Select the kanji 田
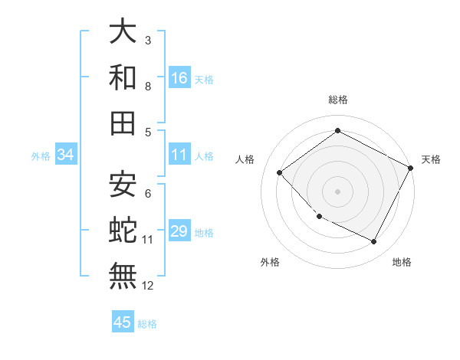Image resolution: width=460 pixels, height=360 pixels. [123, 122]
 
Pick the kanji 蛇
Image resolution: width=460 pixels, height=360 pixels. [123, 229]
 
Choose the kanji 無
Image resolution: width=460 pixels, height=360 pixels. [123, 275]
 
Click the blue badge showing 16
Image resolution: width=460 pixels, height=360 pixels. [179, 78]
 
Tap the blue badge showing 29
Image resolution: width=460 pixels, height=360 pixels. [179, 232]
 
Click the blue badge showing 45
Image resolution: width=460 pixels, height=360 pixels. [123, 322]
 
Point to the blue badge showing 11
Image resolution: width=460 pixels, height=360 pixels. [179, 155]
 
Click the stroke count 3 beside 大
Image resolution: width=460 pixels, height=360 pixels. [148, 40]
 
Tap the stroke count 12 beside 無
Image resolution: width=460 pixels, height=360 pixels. [148, 286]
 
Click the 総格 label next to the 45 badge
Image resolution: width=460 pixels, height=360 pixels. [147, 324]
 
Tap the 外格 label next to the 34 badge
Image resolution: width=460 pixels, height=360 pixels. [41, 156]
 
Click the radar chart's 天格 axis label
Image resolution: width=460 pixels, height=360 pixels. [431, 159]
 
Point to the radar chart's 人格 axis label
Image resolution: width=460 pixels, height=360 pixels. [245, 159]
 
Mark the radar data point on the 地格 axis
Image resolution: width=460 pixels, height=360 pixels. [374, 242]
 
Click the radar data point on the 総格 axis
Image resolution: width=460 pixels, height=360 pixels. [337, 131]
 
